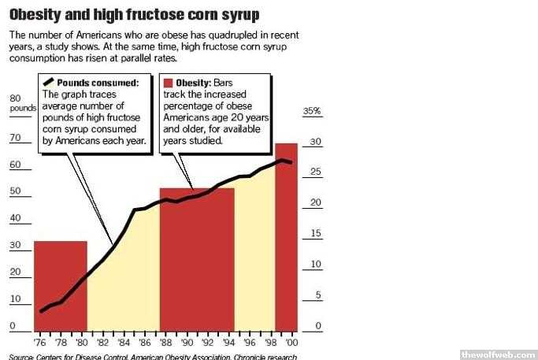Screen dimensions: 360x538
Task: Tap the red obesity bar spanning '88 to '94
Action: (x=197, y=260)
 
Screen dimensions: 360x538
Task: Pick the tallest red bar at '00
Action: (x=286, y=236)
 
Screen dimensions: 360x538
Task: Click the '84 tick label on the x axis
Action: (x=123, y=343)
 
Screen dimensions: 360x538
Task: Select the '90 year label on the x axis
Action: (x=187, y=343)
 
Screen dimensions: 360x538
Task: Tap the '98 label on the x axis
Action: (x=271, y=343)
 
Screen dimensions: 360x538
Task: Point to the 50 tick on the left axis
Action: (x=14, y=191)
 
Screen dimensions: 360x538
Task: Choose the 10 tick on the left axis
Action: (x=13, y=299)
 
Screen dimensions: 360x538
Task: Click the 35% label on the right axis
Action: (x=313, y=112)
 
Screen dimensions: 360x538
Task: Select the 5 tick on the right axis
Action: (x=318, y=295)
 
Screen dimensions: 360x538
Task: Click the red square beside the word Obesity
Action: (x=167, y=83)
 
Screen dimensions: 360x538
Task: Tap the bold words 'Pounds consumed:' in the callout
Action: (x=98, y=83)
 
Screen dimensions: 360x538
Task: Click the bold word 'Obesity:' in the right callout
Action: (x=192, y=83)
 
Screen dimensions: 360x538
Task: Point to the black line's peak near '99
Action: (x=281, y=161)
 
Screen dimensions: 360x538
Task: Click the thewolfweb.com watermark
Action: (x=498, y=352)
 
